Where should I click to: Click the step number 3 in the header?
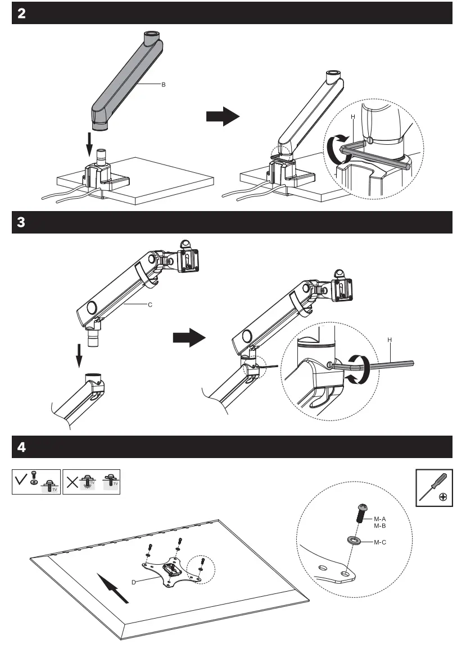tap(21, 222)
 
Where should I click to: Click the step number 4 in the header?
tap(21, 447)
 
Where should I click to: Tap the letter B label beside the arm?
tap(164, 85)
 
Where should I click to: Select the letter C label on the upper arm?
tap(150, 305)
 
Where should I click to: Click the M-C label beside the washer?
tap(379, 542)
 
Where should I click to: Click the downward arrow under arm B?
tap(88, 145)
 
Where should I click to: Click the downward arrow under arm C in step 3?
tap(80, 355)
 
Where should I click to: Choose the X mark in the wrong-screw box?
tap(70, 481)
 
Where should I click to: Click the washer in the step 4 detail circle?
tap(355, 540)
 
